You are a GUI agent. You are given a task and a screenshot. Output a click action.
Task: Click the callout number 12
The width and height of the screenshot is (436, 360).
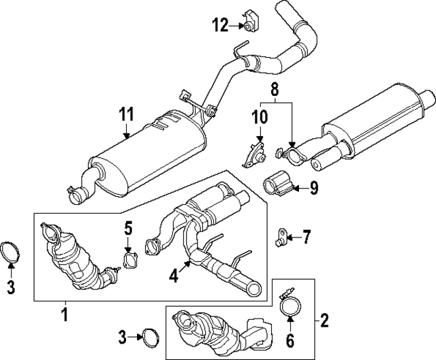(220, 26)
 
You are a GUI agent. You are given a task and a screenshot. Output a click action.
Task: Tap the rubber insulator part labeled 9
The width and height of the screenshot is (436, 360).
(278, 184)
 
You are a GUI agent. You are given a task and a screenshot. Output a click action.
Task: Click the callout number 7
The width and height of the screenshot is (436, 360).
(307, 238)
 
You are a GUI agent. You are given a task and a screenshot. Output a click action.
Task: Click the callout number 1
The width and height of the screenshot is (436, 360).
(65, 314)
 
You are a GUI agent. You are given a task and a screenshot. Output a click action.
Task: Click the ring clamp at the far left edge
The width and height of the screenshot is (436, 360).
(12, 251)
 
